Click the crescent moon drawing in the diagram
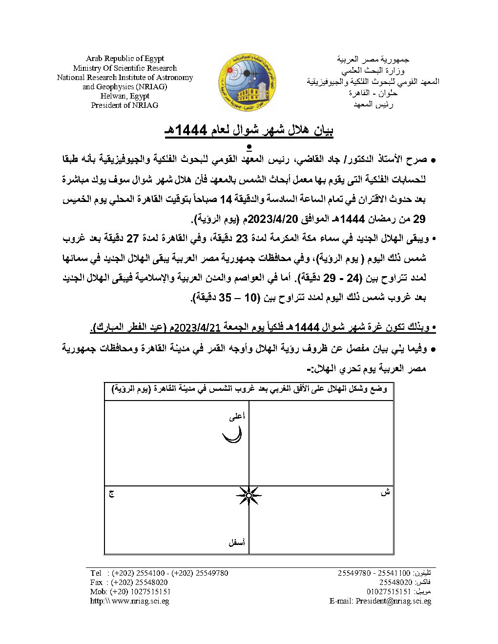tap(232, 435)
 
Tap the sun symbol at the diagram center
tap(249, 496)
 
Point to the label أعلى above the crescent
tap(237, 416)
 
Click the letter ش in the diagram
tap(385, 492)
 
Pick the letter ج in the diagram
tap(111, 494)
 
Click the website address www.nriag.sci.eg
tap(140, 601)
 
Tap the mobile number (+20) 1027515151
tap(141, 591)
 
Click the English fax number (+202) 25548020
tap(139, 582)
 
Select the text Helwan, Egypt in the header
tap(124, 96)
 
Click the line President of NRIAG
tap(124, 105)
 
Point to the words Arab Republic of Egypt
tap(124, 59)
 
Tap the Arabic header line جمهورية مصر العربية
tap(373, 59)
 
